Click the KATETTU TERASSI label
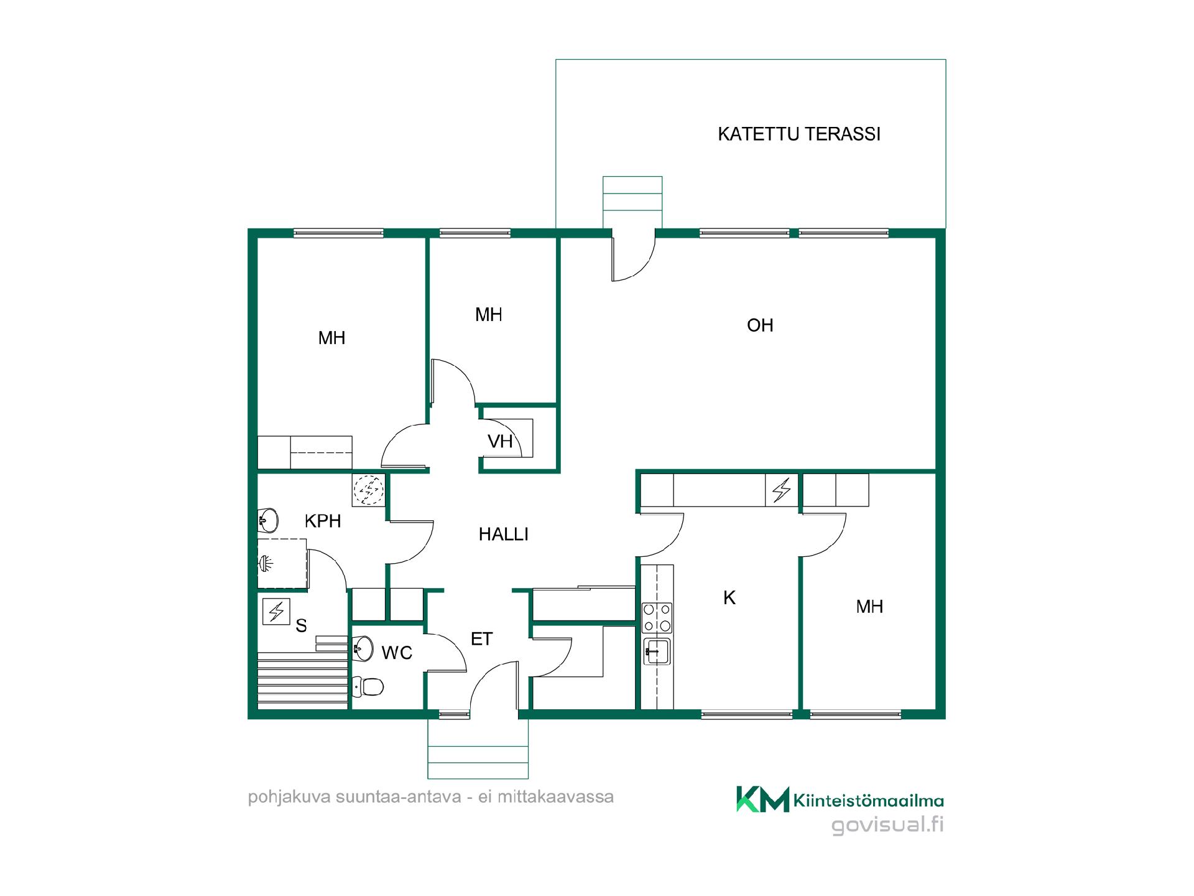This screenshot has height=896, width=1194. (799, 134)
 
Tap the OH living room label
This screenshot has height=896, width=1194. (760, 325)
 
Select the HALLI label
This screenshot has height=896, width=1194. (504, 534)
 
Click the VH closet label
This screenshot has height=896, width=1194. (500, 442)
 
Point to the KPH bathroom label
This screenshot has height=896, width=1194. (323, 521)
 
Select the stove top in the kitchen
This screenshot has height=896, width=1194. (657, 617)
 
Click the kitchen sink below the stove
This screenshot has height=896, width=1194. (657, 651)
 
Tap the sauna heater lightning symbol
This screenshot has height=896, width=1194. (276, 611)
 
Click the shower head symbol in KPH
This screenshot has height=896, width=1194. (266, 564)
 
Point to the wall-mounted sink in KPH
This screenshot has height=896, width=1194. (268, 520)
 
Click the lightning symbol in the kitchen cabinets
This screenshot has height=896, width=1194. (782, 490)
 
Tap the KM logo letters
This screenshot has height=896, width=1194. (763, 800)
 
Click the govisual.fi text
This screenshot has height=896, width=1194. (888, 824)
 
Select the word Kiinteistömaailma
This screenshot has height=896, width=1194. (869, 801)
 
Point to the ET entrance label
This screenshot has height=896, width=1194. (482, 639)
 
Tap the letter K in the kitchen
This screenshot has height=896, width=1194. (729, 598)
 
